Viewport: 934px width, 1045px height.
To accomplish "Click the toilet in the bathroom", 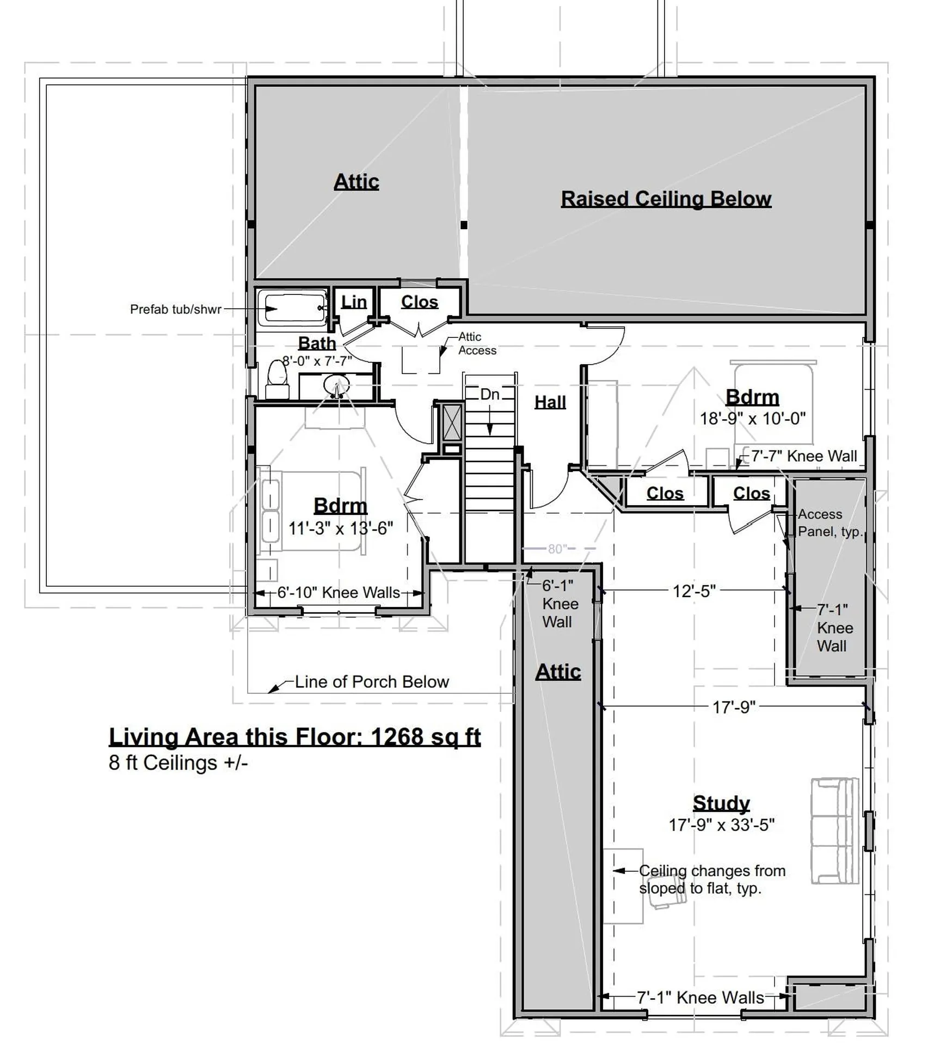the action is click(277, 379).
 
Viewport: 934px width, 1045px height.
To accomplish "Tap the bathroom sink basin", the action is click(336, 385).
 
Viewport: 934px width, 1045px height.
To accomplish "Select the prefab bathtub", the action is click(292, 308).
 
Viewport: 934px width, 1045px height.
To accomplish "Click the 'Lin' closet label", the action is click(354, 302).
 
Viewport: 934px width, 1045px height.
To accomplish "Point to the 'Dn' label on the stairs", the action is click(490, 394).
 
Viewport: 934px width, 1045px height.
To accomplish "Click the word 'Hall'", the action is click(550, 402).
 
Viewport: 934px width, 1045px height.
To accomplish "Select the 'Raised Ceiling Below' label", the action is click(666, 199).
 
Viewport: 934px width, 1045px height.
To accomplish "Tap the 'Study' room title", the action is click(721, 803).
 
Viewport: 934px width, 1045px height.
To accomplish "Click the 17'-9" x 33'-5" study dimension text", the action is click(721, 825).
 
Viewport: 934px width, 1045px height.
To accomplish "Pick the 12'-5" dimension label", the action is click(694, 591).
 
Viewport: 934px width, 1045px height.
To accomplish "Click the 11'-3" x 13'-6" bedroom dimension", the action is click(340, 528).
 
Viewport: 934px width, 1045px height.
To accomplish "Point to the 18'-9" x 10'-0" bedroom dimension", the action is click(753, 419).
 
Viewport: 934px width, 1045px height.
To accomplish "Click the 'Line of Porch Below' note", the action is click(372, 681).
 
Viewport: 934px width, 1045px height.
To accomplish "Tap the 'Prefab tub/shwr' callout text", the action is click(175, 309).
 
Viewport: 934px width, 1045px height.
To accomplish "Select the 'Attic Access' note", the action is click(477, 343).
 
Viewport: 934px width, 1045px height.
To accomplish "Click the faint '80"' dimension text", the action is click(557, 549).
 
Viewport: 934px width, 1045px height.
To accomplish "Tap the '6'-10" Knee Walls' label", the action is click(339, 592).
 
